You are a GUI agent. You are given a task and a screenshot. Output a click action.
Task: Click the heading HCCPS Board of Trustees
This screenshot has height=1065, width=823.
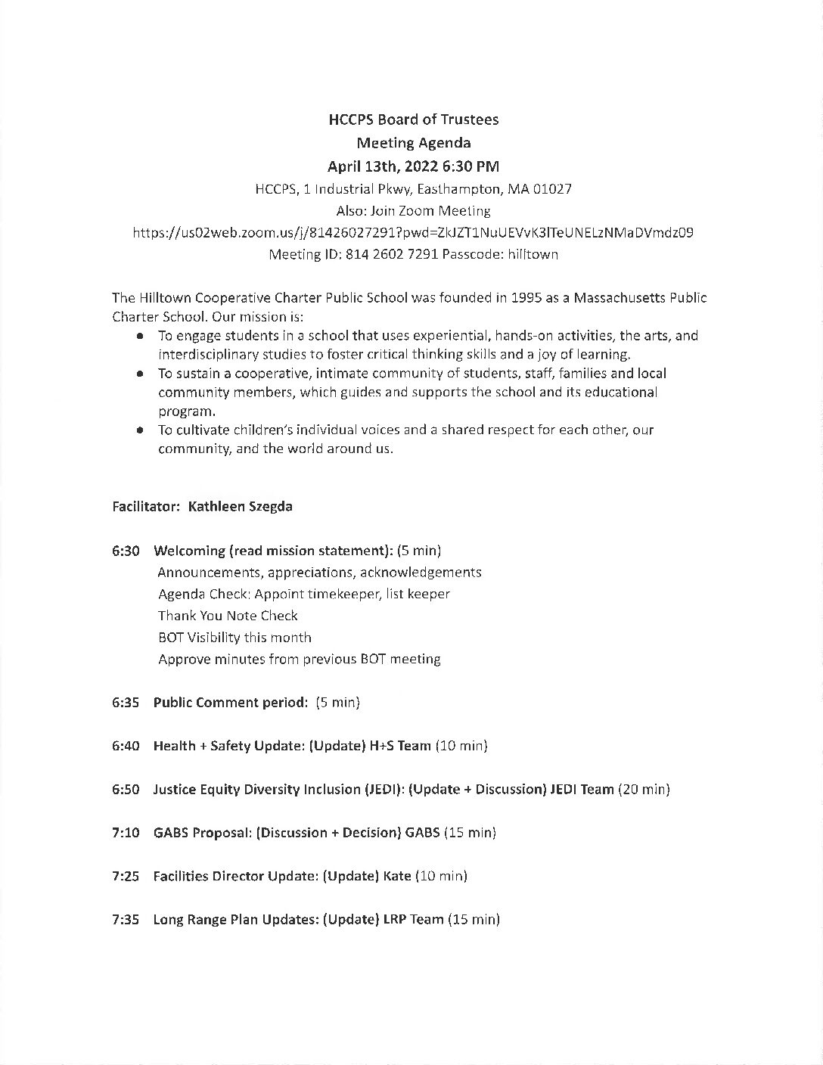pos(413,120)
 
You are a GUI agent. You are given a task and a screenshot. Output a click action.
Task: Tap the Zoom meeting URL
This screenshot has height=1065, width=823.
pos(413,233)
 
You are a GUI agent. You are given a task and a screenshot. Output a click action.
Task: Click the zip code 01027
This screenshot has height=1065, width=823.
pos(552,189)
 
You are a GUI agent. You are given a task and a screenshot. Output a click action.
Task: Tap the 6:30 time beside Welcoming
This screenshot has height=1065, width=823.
pos(126,551)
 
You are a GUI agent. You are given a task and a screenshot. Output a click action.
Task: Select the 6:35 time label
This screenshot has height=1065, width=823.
pos(126,703)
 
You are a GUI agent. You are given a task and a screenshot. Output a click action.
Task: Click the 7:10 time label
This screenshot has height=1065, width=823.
pos(126,833)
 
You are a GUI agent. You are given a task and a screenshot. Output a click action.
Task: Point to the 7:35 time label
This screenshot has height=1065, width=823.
pos(126,920)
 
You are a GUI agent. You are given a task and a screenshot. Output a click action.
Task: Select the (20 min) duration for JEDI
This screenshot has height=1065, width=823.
pos(644,790)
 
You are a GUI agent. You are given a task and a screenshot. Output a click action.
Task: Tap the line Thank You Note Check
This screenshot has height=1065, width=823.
pos(228,616)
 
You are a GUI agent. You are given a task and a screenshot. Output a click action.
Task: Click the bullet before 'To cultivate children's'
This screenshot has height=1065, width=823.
pos(140,430)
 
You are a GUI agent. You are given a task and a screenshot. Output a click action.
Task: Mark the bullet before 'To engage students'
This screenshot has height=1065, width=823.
pos(140,336)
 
